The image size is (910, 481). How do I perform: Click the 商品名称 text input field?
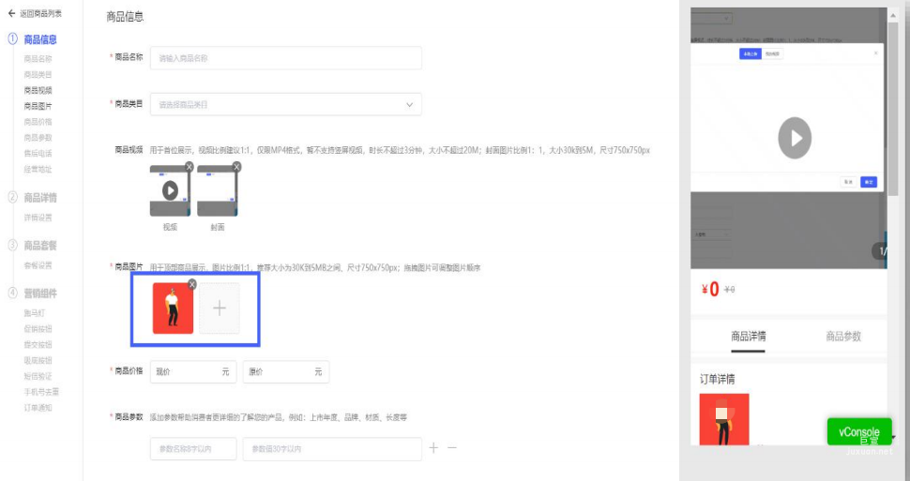[285, 58]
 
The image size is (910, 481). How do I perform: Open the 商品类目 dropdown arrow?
[409, 104]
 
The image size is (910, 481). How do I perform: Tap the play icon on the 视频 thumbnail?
[170, 190]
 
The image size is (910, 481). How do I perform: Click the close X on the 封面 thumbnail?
[236, 167]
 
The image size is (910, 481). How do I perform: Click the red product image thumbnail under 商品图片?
[173, 308]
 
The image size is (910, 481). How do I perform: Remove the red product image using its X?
[192, 284]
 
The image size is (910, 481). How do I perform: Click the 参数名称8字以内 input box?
[192, 449]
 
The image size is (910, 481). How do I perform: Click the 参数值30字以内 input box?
[331, 449]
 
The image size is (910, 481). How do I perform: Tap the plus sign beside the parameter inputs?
[433, 448]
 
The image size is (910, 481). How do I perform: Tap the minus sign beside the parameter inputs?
[452, 448]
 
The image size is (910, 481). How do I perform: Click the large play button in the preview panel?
[795, 138]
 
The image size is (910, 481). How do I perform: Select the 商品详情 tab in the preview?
[749, 337]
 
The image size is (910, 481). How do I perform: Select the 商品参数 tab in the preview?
[842, 337]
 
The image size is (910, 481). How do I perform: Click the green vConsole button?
[859, 432]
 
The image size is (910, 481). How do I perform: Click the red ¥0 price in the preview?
[710, 290]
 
